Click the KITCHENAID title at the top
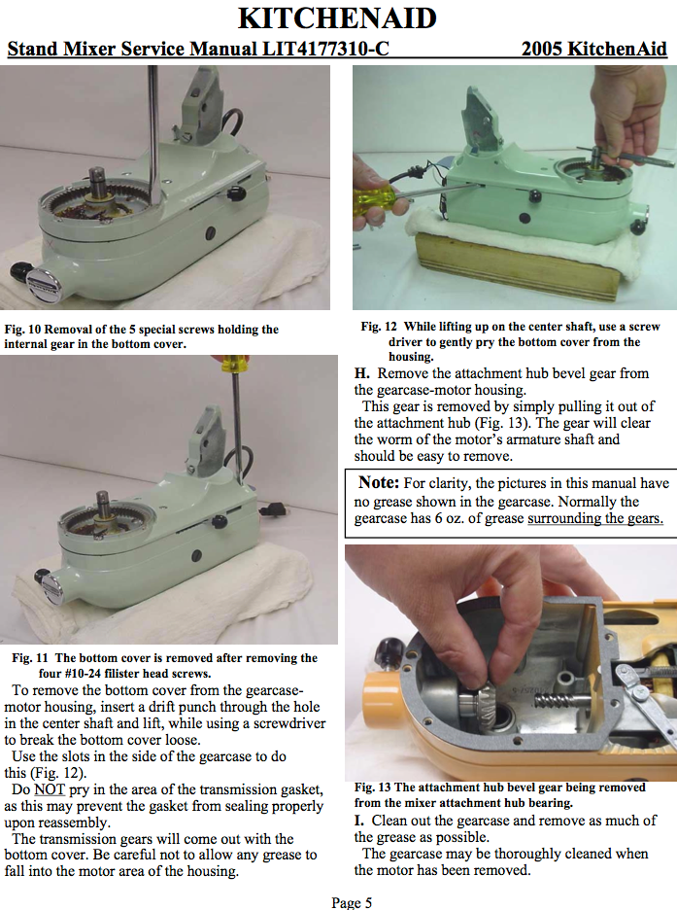(x=337, y=18)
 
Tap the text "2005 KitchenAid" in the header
(x=594, y=49)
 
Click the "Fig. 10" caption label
(x=22, y=330)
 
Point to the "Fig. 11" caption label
(x=29, y=658)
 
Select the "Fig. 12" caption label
(x=379, y=327)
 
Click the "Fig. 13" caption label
(x=373, y=787)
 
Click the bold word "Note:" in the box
(x=379, y=482)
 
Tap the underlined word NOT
(x=50, y=789)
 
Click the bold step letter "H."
(x=362, y=373)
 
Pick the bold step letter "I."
(x=359, y=821)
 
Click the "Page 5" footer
(x=352, y=902)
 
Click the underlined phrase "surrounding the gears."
(x=595, y=518)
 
